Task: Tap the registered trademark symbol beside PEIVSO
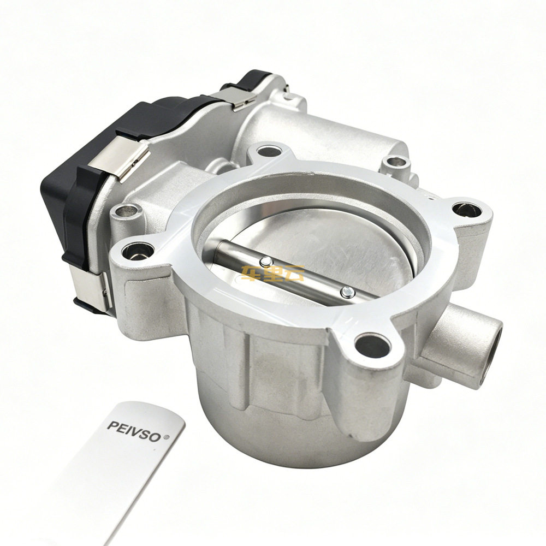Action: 166,437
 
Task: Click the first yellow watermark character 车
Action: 251,274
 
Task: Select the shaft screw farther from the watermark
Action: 347,292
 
